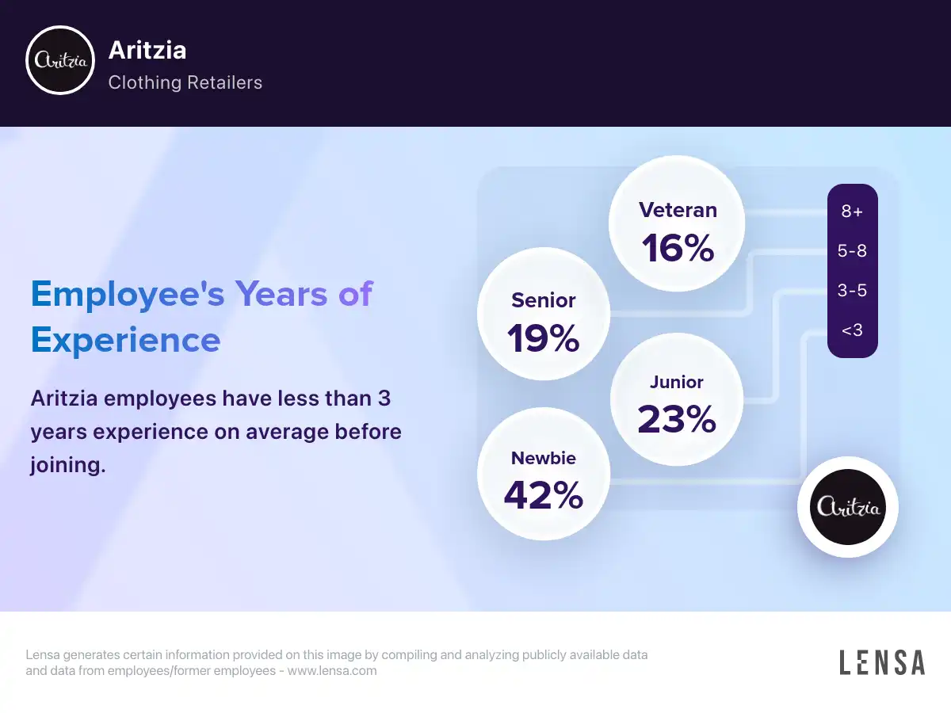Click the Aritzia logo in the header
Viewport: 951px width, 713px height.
(60, 60)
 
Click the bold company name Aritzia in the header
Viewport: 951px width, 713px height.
(147, 50)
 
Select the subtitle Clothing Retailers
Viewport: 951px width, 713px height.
(185, 82)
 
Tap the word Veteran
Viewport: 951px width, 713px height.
(678, 210)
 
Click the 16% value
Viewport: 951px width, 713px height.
(678, 248)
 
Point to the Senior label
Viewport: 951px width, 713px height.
(544, 300)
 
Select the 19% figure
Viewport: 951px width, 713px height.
(544, 338)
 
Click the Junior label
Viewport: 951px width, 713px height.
(676, 382)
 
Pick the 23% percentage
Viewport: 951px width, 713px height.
(676, 418)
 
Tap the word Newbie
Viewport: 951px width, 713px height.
(544, 458)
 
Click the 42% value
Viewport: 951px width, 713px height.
(544, 495)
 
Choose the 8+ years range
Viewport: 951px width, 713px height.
(852, 212)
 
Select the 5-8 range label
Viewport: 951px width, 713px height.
(852, 250)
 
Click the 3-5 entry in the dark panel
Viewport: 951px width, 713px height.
(852, 290)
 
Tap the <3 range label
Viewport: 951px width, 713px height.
(852, 330)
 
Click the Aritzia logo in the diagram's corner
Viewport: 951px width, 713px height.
(847, 507)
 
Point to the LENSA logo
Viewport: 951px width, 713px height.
(882, 662)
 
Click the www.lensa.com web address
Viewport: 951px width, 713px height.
(332, 670)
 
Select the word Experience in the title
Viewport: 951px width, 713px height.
(126, 341)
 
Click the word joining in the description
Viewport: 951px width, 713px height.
(68, 465)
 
